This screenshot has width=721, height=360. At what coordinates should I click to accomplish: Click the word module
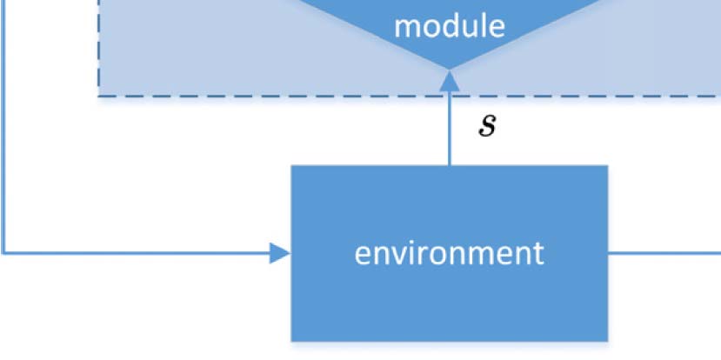point(449,26)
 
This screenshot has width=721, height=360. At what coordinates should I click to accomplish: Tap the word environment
point(449,253)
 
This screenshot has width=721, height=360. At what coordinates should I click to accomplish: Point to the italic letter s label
point(488,127)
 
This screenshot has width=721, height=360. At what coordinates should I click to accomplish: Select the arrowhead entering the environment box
point(280,253)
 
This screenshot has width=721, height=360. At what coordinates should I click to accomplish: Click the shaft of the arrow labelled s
point(449,130)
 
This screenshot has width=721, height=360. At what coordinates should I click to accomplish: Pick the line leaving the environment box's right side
point(664,253)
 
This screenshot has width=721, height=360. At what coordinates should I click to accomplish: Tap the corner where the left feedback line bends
point(4,253)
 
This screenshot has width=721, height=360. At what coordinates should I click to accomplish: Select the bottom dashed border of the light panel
point(261,96)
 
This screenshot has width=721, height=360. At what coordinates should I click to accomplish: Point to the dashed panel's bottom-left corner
point(98,96)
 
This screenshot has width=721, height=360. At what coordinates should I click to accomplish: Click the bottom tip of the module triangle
point(449,70)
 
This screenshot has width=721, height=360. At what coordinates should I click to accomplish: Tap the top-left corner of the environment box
point(291,165)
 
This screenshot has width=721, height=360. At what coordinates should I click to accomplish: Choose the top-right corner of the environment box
point(607,165)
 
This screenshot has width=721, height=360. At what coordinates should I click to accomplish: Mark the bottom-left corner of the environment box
point(291,341)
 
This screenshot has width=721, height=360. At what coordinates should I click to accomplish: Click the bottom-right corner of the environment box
point(607,341)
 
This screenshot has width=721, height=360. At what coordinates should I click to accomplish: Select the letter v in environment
point(398,254)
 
